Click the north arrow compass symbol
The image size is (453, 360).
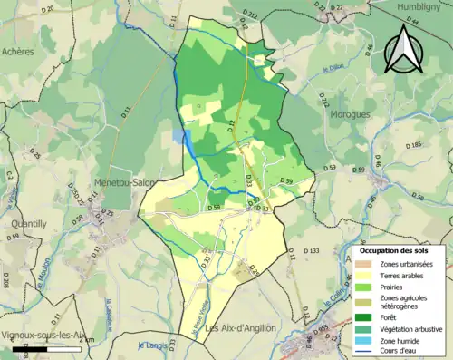[402, 49]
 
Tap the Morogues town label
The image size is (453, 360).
[350, 115]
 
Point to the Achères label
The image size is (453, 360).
[18, 52]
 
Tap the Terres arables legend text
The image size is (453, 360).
[406, 275]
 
